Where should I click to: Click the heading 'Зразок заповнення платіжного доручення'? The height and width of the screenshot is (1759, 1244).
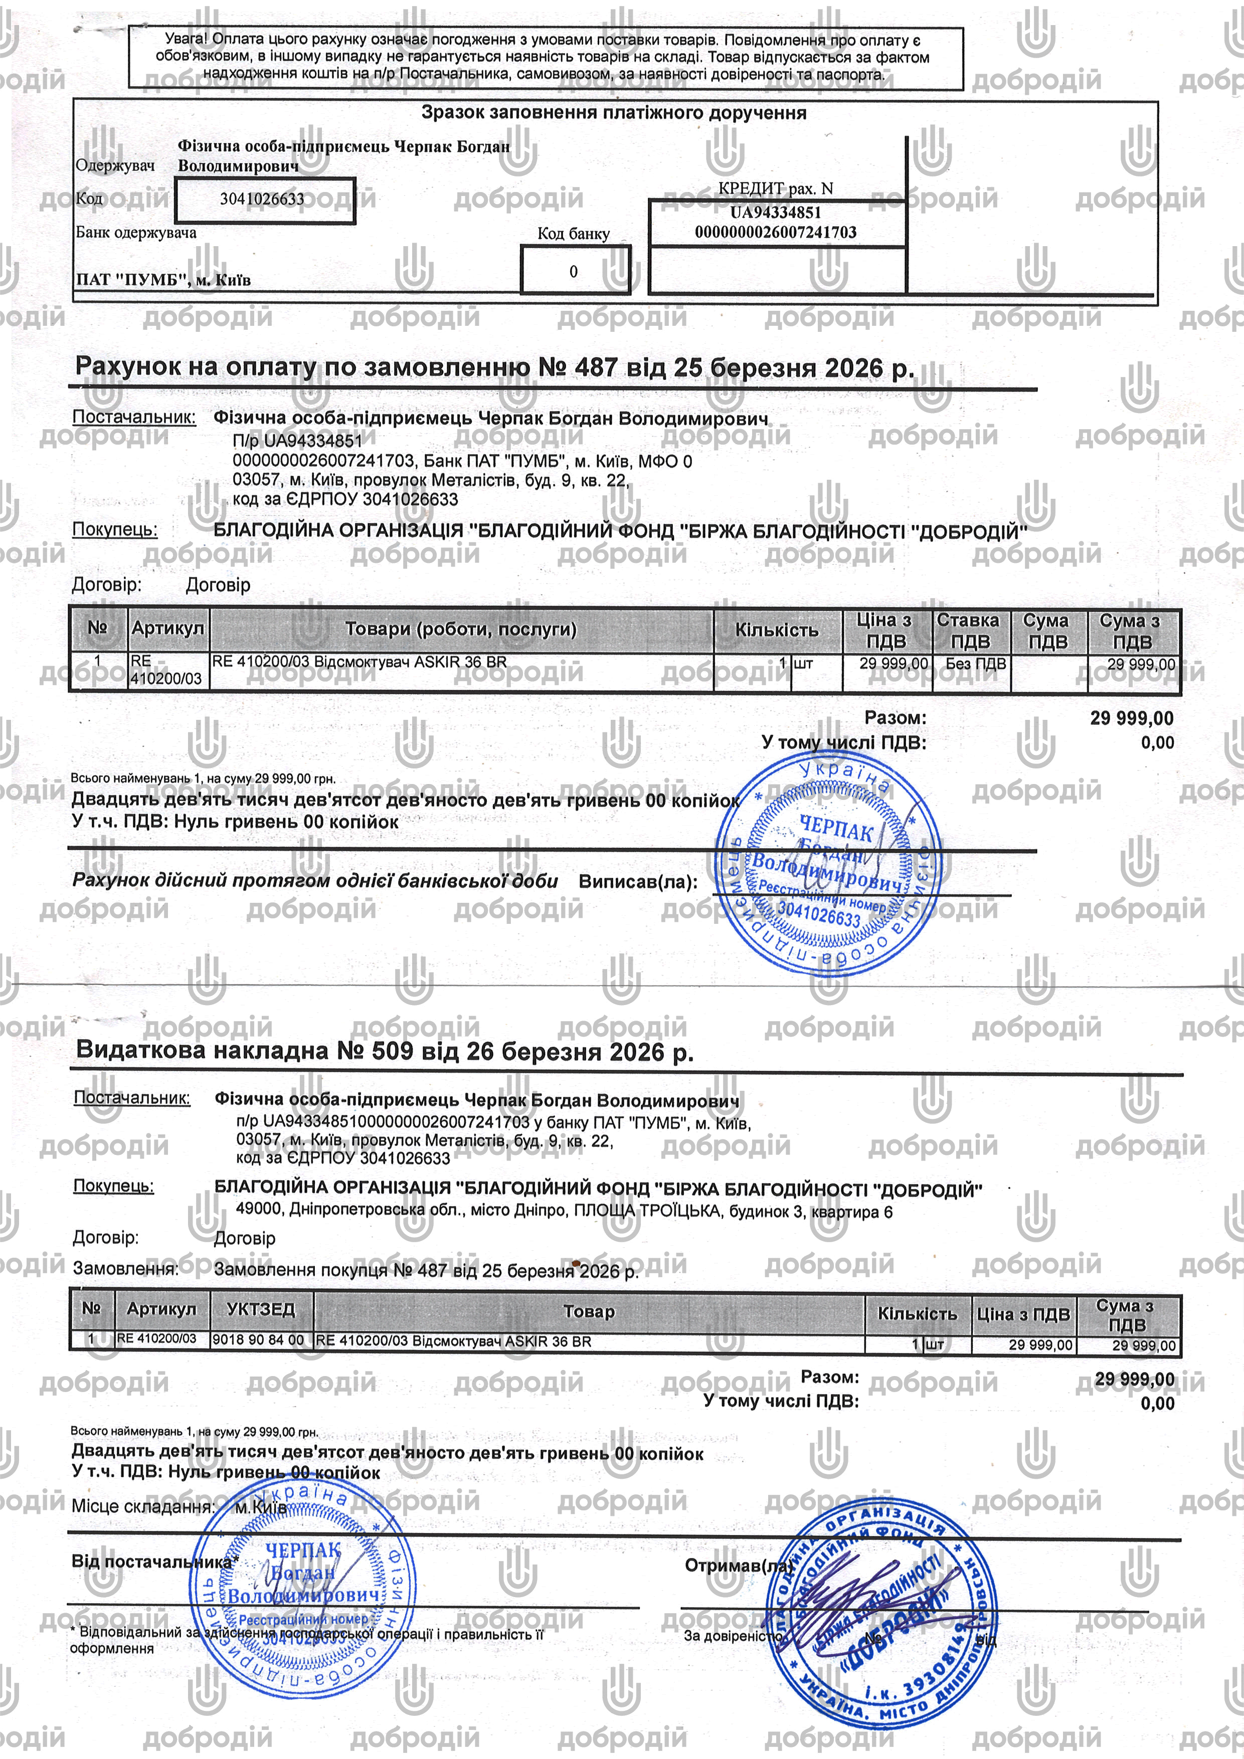613,113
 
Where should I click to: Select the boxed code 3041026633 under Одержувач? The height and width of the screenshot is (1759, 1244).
264,200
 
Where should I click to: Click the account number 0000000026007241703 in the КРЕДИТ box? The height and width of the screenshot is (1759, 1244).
775,232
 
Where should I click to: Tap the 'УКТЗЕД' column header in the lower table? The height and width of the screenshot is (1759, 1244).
261,1309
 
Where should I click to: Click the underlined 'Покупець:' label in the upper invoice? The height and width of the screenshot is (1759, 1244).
115,529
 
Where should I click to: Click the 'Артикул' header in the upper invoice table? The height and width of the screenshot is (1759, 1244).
168,628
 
